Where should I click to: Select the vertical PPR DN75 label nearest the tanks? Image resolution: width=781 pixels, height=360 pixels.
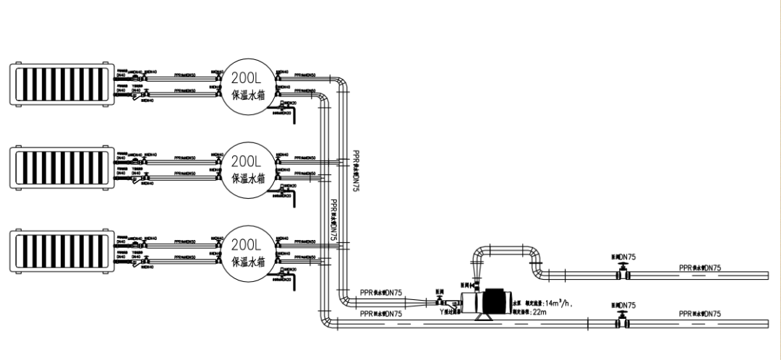point(333,220)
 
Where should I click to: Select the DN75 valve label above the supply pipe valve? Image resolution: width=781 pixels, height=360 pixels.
point(624,257)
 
